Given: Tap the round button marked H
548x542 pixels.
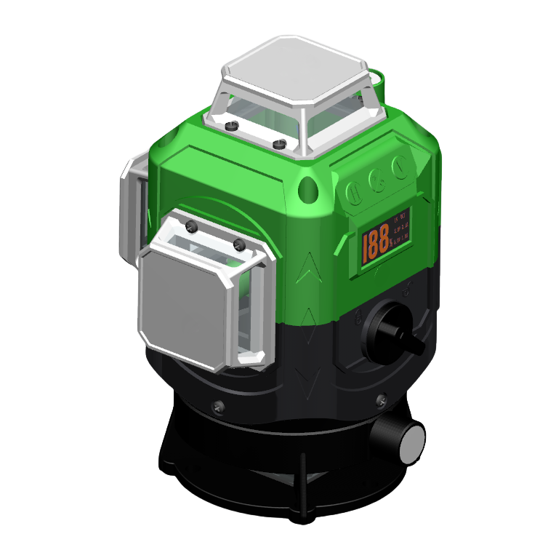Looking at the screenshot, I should click(355, 193).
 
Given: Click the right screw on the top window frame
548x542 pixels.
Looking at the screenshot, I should click(278, 144).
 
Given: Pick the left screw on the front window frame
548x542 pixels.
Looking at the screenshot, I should click(192, 226).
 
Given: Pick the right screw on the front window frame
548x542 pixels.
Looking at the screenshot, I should click(238, 244).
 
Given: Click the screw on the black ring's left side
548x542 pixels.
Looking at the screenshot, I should click(214, 407).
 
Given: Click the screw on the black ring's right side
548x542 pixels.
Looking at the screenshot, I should click(382, 399).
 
